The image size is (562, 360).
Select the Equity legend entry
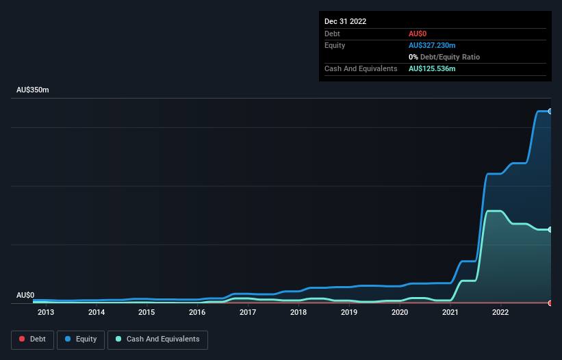[81, 339]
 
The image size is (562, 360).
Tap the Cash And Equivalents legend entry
[157, 339]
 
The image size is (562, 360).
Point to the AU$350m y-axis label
[33, 90]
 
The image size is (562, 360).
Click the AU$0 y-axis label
[25, 295]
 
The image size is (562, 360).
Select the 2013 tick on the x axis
[46, 313]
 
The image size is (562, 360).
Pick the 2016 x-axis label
[197, 313]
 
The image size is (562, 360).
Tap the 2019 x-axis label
[349, 313]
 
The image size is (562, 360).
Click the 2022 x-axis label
[500, 313]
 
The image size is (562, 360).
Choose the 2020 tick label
[400, 313]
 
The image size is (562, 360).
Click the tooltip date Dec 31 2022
[346, 21]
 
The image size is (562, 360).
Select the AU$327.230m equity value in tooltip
[432, 45]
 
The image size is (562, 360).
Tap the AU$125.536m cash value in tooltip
[432, 68]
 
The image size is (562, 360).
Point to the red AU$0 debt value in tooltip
[418, 34]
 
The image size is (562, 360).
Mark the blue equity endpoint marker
[550, 111]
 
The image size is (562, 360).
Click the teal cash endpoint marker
[550, 229]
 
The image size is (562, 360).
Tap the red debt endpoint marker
[550, 303]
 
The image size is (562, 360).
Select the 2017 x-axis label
[248, 313]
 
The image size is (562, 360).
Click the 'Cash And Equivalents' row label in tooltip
[361, 68]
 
